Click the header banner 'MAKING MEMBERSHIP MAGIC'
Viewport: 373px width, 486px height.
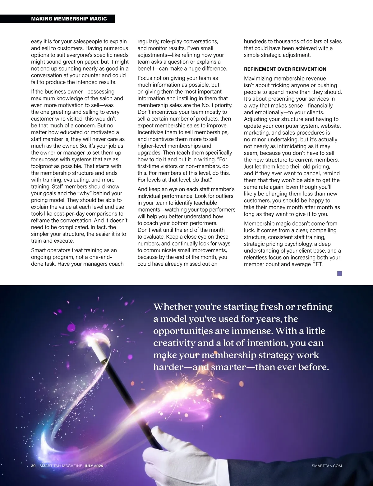[x=69, y=19]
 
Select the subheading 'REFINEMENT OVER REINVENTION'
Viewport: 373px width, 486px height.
[x=285, y=69]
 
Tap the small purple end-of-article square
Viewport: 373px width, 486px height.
[x=339, y=273]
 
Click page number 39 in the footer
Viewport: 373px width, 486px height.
[x=34, y=466]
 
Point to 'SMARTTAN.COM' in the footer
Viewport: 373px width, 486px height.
[x=326, y=466]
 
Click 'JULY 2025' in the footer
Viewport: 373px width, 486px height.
[x=94, y=466]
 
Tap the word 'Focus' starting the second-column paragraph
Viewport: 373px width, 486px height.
[x=145, y=78]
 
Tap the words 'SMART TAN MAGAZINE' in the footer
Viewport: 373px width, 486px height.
[x=61, y=466]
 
